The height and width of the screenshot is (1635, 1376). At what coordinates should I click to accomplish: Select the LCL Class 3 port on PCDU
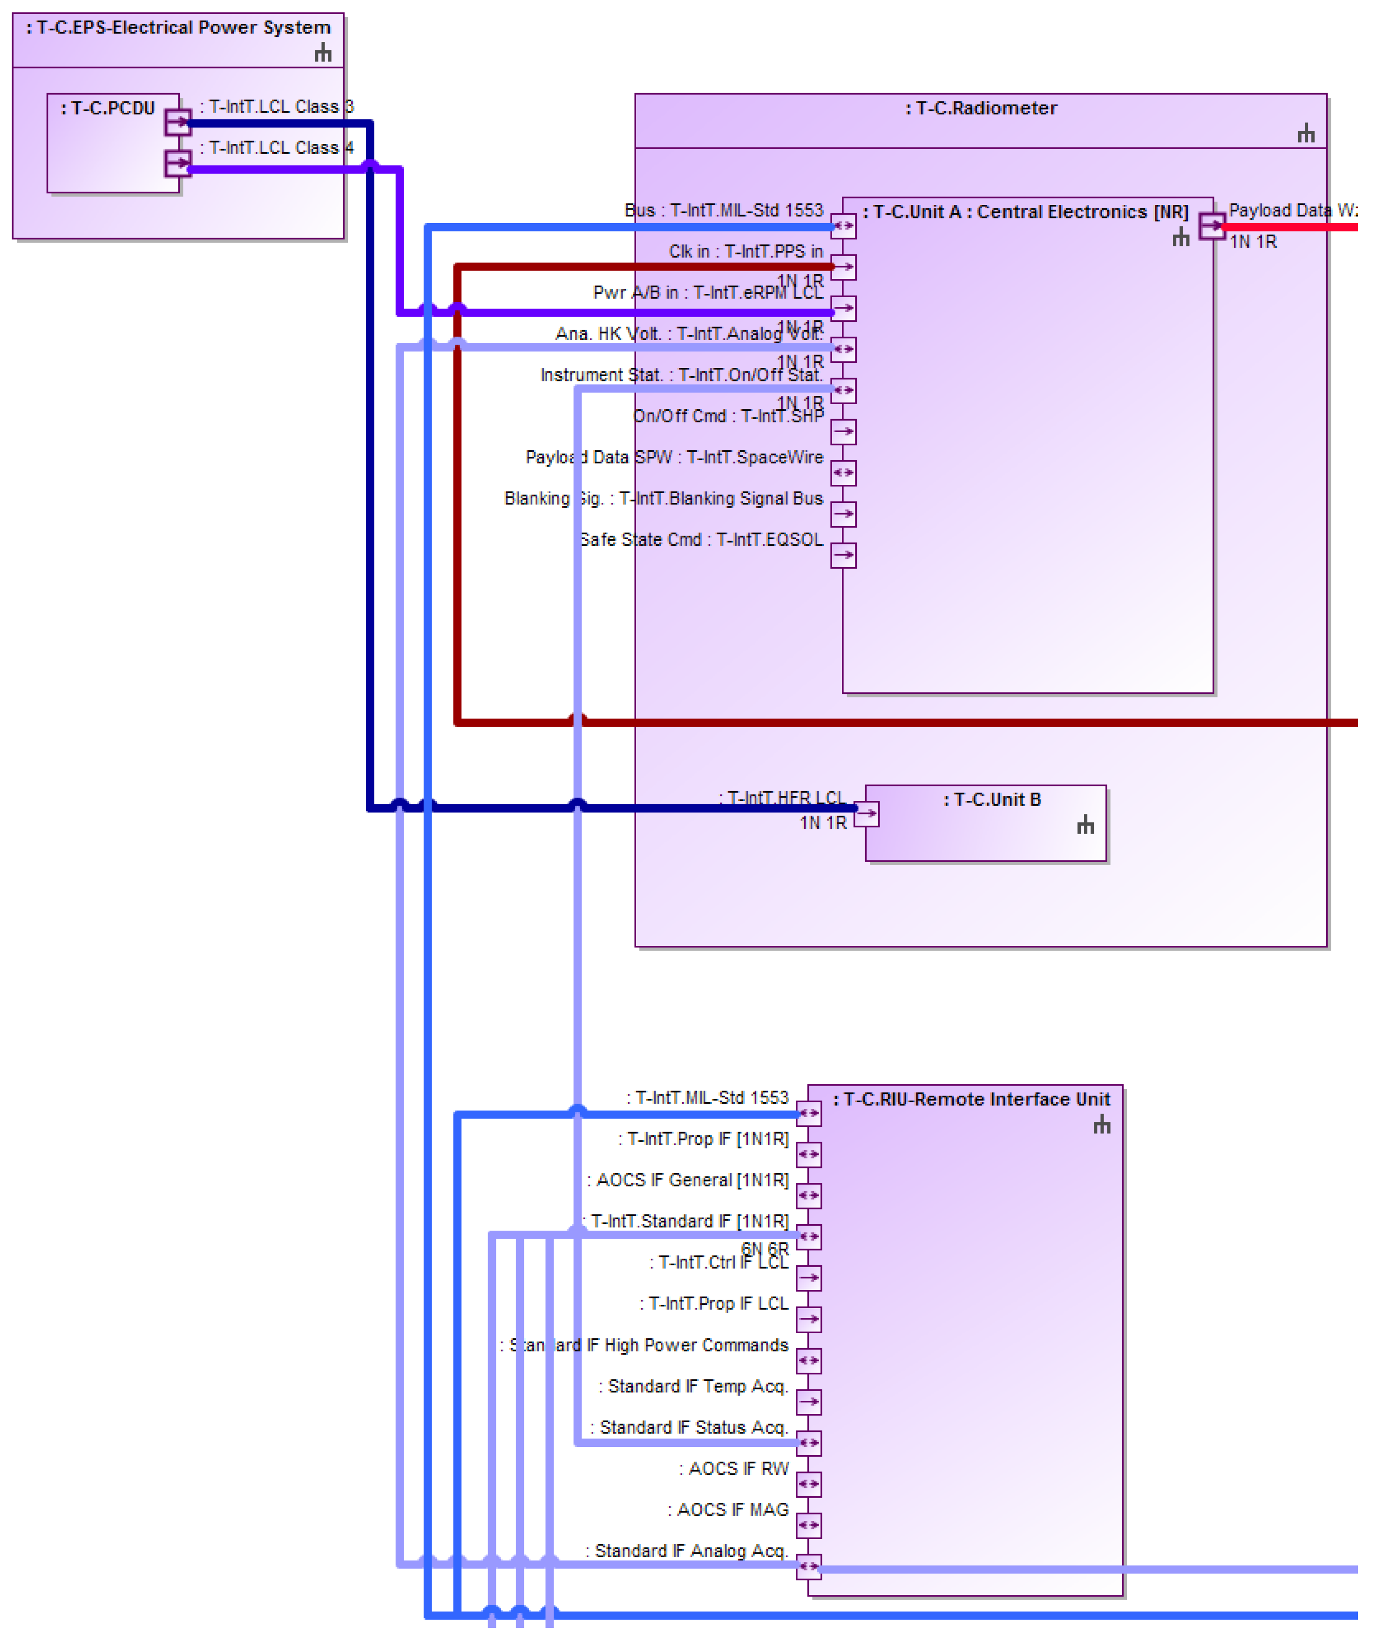(x=178, y=122)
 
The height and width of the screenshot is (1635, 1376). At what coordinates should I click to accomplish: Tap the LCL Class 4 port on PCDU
(x=178, y=164)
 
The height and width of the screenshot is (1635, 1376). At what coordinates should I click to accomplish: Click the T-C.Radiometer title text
(x=981, y=109)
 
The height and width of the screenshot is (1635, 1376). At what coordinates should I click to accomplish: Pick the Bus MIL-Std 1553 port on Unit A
(x=843, y=226)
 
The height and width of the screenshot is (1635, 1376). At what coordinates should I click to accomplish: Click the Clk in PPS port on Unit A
(x=843, y=268)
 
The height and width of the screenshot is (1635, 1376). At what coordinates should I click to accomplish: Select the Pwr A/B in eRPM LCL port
(x=843, y=309)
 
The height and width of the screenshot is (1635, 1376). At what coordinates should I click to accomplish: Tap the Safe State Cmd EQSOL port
(x=843, y=556)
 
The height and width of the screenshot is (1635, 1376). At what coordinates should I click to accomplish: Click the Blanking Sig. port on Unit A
(x=843, y=515)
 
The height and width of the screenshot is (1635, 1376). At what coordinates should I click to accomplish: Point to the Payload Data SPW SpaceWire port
(x=843, y=474)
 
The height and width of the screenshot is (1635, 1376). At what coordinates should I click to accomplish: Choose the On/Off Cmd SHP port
(x=843, y=432)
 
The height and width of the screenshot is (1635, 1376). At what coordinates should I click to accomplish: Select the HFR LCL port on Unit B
(x=867, y=815)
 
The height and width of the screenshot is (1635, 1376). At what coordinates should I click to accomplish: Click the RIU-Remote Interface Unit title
(x=971, y=1100)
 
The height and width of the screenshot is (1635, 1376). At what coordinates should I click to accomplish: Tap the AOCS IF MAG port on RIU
(x=809, y=1526)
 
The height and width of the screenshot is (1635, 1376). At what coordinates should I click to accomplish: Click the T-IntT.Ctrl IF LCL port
(x=809, y=1278)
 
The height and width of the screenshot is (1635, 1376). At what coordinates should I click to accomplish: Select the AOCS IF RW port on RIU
(x=809, y=1485)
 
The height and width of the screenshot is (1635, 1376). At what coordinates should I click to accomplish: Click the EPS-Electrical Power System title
(x=179, y=28)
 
